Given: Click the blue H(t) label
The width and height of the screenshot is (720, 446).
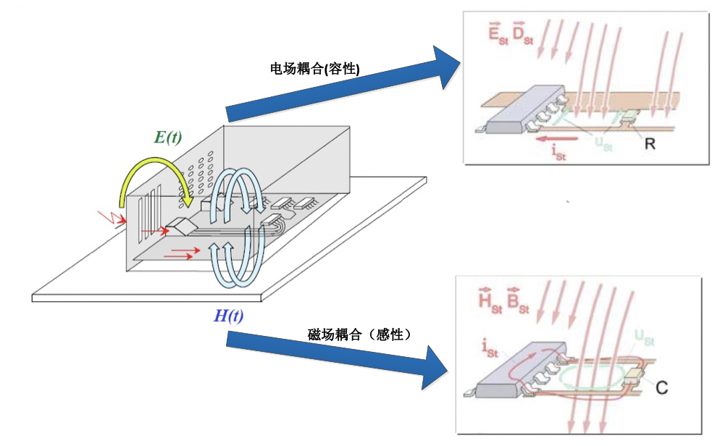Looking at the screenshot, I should click(x=230, y=315).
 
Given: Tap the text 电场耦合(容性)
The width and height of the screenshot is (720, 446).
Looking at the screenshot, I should click(x=315, y=68).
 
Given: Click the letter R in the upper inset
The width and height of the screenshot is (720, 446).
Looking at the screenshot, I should click(x=649, y=143).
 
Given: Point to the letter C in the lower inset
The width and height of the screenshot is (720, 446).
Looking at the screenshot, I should click(x=661, y=387).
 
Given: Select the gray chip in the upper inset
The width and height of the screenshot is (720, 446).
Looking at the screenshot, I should click(x=522, y=109).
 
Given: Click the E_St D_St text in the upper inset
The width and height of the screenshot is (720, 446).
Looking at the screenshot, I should click(x=510, y=32).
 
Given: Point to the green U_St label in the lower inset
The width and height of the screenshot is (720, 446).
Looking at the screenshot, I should click(x=643, y=337).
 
